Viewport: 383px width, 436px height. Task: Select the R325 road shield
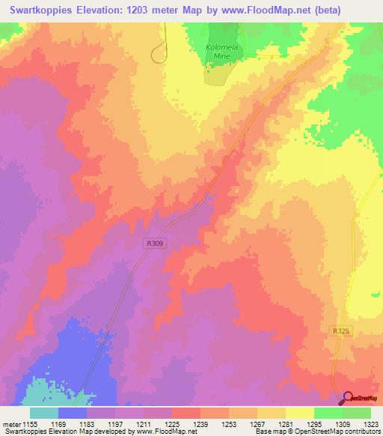[339, 330]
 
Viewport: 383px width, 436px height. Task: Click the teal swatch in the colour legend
[44, 413]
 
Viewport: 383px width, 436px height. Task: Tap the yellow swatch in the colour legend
[299, 413]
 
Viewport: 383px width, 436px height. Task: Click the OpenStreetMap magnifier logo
[349, 399]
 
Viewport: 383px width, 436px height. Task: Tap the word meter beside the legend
[13, 423]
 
